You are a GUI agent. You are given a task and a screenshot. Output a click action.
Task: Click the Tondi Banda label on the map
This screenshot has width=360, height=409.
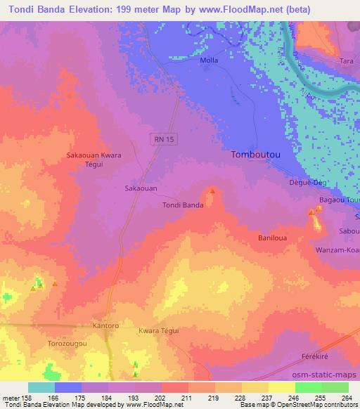[183, 205]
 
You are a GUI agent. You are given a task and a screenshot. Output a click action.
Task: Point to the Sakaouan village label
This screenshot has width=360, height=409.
[141, 188]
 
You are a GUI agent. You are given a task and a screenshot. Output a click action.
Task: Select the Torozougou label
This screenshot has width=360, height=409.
[67, 344]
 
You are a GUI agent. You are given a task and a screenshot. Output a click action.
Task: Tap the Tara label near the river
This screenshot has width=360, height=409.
[347, 61]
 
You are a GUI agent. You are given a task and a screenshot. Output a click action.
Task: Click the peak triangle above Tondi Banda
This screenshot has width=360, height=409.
[212, 190]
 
